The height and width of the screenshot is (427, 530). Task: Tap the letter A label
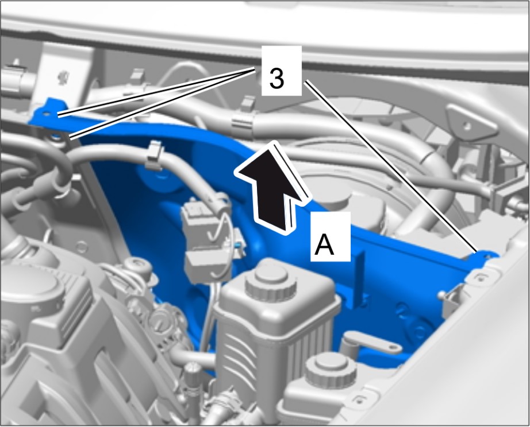[x=324, y=246]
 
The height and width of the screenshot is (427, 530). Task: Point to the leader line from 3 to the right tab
[x=391, y=166]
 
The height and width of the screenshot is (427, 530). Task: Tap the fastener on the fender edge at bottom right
[x=359, y=399]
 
